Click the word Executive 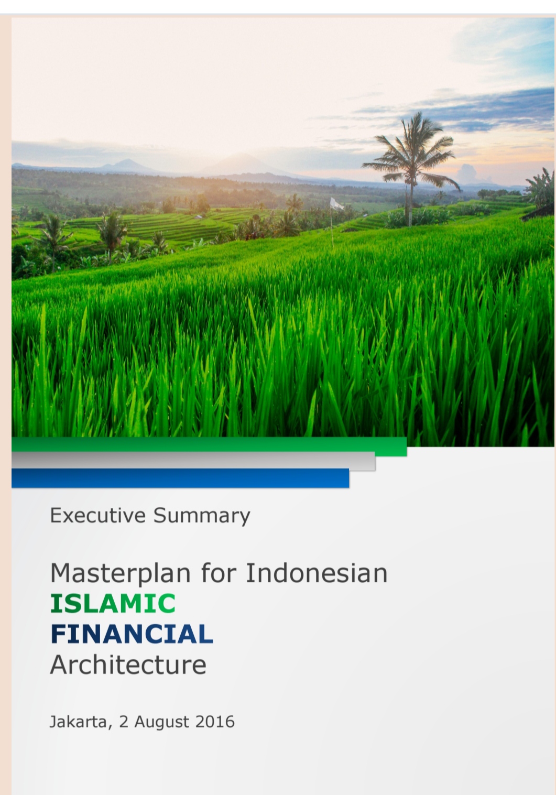point(98,515)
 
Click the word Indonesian point(317,573)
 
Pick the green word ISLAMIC point(113,603)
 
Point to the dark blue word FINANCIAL point(132,634)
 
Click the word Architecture point(128,665)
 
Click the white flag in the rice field point(336,204)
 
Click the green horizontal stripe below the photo point(209,446)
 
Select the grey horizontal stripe point(193,461)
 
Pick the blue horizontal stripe point(180,478)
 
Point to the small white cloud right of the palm point(467,173)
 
